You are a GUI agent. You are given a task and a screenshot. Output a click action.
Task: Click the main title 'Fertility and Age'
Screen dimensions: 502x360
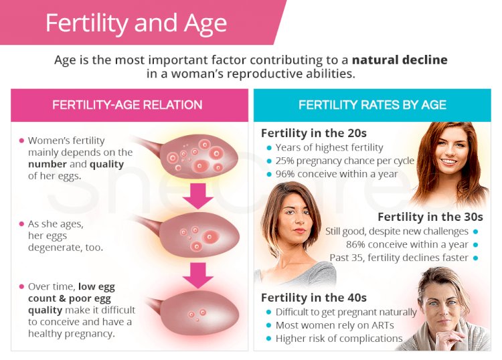pyautogui.click(x=136, y=23)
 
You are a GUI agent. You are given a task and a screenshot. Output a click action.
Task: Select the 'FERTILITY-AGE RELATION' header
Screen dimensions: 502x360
pyautogui.click(x=127, y=105)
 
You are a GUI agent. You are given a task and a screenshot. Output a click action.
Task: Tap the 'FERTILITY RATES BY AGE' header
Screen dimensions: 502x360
pyautogui.click(x=372, y=105)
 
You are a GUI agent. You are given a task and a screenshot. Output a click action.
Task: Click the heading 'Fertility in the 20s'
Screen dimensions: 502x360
pyautogui.click(x=314, y=133)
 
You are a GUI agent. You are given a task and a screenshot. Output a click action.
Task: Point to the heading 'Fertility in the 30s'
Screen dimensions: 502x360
pyautogui.click(x=430, y=217)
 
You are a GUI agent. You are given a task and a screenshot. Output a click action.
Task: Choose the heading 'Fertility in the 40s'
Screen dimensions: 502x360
pyautogui.click(x=314, y=298)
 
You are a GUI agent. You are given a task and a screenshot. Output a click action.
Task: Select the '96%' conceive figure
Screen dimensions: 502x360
pyautogui.click(x=284, y=174)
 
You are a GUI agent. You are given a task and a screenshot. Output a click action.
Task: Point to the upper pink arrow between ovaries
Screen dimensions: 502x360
pyautogui.click(x=198, y=196)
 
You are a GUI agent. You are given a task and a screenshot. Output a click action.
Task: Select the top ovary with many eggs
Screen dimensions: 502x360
pyautogui.click(x=199, y=156)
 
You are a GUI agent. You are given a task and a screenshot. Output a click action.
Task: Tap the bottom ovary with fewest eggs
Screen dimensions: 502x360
pyautogui.click(x=199, y=312)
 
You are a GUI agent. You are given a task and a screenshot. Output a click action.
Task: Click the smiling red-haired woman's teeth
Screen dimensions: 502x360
pyautogui.click(x=448, y=162)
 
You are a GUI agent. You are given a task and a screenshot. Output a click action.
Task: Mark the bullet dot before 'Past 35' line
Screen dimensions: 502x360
pyautogui.click(x=475, y=258)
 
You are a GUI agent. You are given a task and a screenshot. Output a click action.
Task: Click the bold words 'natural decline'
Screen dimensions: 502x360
pyautogui.click(x=400, y=60)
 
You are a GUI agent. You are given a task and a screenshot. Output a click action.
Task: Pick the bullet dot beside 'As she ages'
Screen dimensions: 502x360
pyautogui.click(x=21, y=224)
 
